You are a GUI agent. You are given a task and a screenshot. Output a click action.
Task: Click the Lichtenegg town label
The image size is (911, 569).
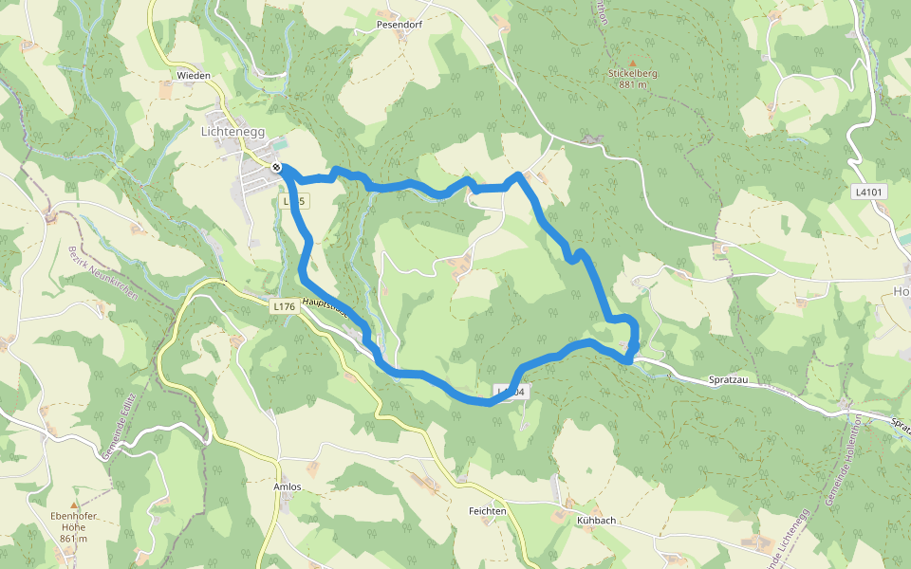coord(232,133)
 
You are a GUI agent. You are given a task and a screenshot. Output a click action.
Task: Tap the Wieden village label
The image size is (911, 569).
coord(194,75)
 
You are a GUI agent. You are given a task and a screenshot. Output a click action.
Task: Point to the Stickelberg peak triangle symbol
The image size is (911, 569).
coord(633,63)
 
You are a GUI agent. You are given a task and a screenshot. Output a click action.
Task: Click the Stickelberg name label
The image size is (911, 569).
coord(633,73)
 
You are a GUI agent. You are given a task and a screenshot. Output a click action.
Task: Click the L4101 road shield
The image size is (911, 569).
coord(868,193)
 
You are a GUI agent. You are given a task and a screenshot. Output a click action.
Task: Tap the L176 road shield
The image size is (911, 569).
coord(283,306)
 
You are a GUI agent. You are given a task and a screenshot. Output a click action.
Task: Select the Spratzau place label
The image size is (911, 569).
coord(730,379)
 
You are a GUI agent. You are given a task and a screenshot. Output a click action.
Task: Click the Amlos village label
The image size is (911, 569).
coord(288,486)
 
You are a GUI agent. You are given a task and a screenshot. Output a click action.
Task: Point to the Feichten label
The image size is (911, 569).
coord(488,510)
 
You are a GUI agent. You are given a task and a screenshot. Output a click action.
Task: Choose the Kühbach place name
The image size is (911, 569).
coord(597,521)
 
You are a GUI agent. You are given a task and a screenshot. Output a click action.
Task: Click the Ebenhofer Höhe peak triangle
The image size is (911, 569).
coord(74,505)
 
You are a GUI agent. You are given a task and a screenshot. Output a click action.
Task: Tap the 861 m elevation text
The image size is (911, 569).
coord(73,539)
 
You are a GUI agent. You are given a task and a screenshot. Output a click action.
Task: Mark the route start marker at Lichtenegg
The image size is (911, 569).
coord(276,168)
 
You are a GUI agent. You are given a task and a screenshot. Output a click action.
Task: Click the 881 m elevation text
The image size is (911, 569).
coord(633,84)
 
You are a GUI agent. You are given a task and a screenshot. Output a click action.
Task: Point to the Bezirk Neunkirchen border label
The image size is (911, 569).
coord(102,274)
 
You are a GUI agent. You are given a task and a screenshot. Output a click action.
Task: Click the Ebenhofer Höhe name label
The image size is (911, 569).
coord(73,522)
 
